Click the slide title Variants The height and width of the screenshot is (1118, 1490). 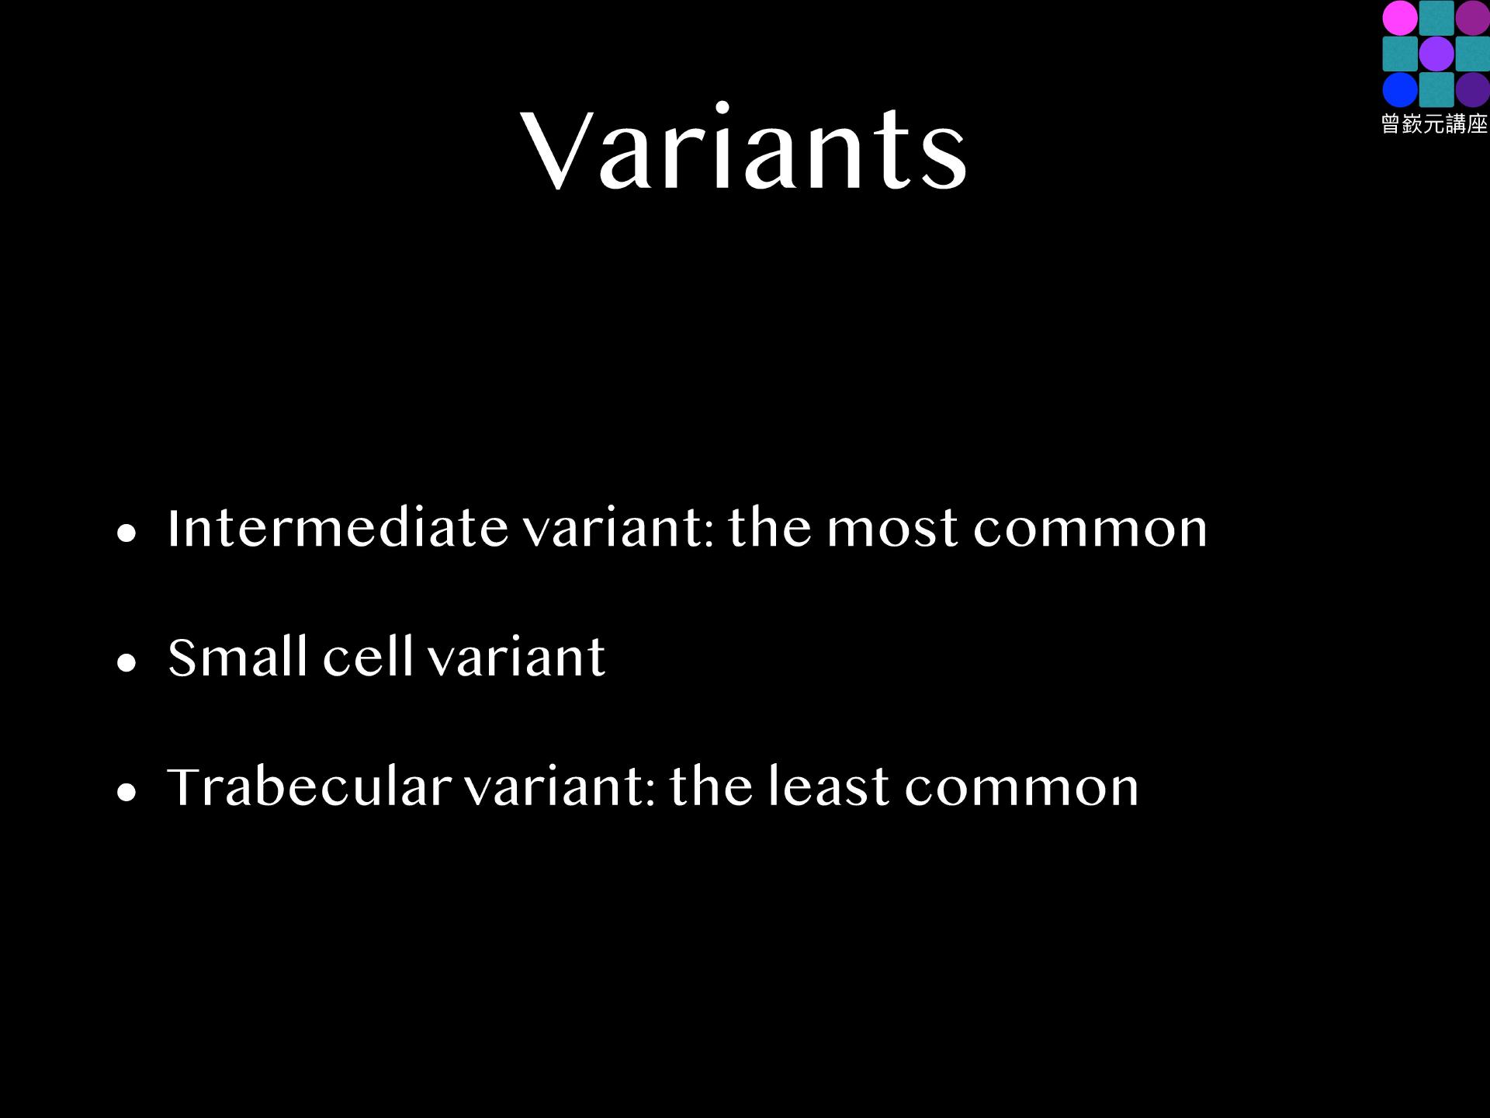click(x=744, y=147)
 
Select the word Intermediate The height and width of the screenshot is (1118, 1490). click(x=338, y=528)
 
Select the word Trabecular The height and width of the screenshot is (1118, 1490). click(x=310, y=786)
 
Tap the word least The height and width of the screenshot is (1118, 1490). click(x=829, y=786)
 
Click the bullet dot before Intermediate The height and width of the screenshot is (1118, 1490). click(x=126, y=533)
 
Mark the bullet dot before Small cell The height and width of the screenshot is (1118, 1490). click(x=126, y=662)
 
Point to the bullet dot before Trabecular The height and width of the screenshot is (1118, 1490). click(x=126, y=792)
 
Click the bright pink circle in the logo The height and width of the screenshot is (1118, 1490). click(x=1400, y=18)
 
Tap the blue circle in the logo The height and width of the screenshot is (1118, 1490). click(x=1400, y=90)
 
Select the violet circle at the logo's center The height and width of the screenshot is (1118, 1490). click(x=1436, y=54)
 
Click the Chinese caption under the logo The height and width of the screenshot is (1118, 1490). click(x=1435, y=124)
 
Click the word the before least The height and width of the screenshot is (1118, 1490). click(x=712, y=786)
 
